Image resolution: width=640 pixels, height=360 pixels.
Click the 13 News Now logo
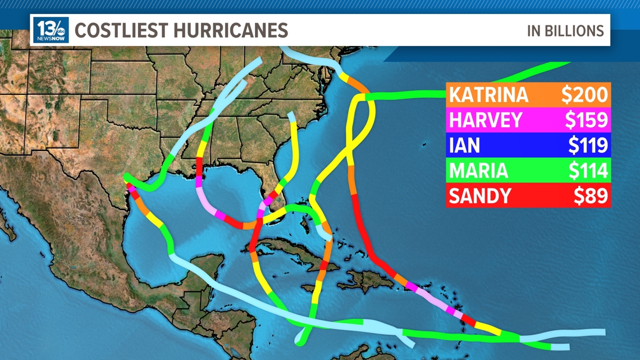pos(51,30)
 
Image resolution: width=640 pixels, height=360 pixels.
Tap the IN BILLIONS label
pos(565,31)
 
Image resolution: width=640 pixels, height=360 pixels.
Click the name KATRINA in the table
pos(488,95)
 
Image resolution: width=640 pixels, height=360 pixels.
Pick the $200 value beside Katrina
pos(585,95)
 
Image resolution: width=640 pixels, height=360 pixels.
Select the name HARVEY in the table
pos(486,120)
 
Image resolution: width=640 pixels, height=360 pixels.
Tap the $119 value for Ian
pos(587,145)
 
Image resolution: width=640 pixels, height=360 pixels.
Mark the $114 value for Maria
pos(587,171)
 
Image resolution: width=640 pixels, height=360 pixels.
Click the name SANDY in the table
pos(480,196)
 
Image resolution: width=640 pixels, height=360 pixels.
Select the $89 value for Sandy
pos(591,196)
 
